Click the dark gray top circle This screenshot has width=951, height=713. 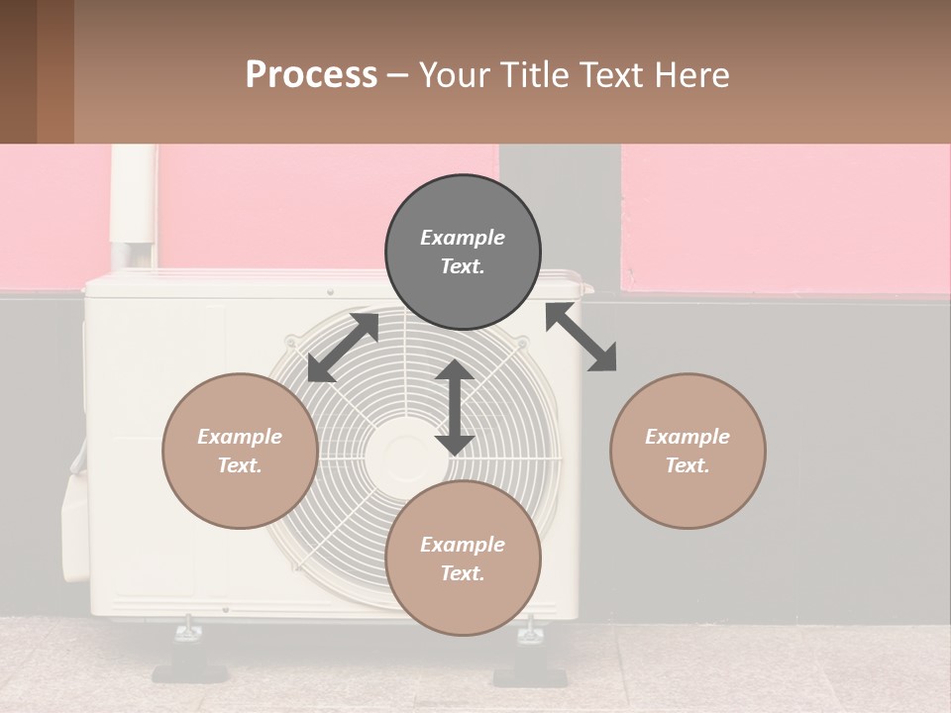[x=463, y=253]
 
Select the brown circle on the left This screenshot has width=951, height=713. [x=240, y=451]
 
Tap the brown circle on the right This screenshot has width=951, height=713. [x=687, y=451]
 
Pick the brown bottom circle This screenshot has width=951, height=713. [x=463, y=559]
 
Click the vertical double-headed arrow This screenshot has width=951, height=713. [x=455, y=407]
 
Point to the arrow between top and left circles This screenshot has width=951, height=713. [x=343, y=348]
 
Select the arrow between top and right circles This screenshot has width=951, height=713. [x=581, y=337]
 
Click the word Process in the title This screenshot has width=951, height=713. [x=311, y=74]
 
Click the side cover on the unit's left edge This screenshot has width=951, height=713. [x=76, y=525]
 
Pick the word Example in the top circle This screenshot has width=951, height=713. [x=463, y=238]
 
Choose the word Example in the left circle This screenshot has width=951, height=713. [x=240, y=437]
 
